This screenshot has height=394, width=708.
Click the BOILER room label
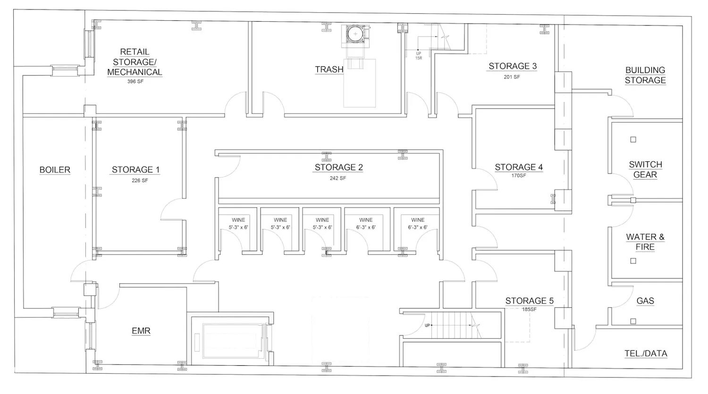[55, 170]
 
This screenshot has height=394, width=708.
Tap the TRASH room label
[329, 69]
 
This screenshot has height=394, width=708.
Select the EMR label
[141, 331]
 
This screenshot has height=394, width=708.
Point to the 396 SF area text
[135, 82]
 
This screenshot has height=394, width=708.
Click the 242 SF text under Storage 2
[338, 178]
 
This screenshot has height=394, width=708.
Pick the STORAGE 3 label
[513, 66]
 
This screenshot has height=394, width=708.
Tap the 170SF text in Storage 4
[519, 176]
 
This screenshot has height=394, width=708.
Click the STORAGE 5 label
[530, 301]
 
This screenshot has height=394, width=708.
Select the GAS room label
[645, 301]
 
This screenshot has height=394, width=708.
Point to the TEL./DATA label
[646, 353]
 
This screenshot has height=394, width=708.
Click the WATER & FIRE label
[645, 242]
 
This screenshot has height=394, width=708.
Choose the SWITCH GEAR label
[645, 169]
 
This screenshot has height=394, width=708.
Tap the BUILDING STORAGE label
[645, 75]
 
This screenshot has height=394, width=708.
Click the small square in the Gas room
[633, 321]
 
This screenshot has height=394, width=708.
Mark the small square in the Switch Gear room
[633, 139]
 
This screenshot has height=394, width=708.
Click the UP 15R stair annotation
[419, 56]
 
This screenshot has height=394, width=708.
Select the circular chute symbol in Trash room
[355, 34]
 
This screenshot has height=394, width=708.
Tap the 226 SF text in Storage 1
[140, 181]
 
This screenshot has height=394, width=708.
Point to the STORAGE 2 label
[338, 167]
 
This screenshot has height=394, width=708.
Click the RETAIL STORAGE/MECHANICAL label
[135, 62]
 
